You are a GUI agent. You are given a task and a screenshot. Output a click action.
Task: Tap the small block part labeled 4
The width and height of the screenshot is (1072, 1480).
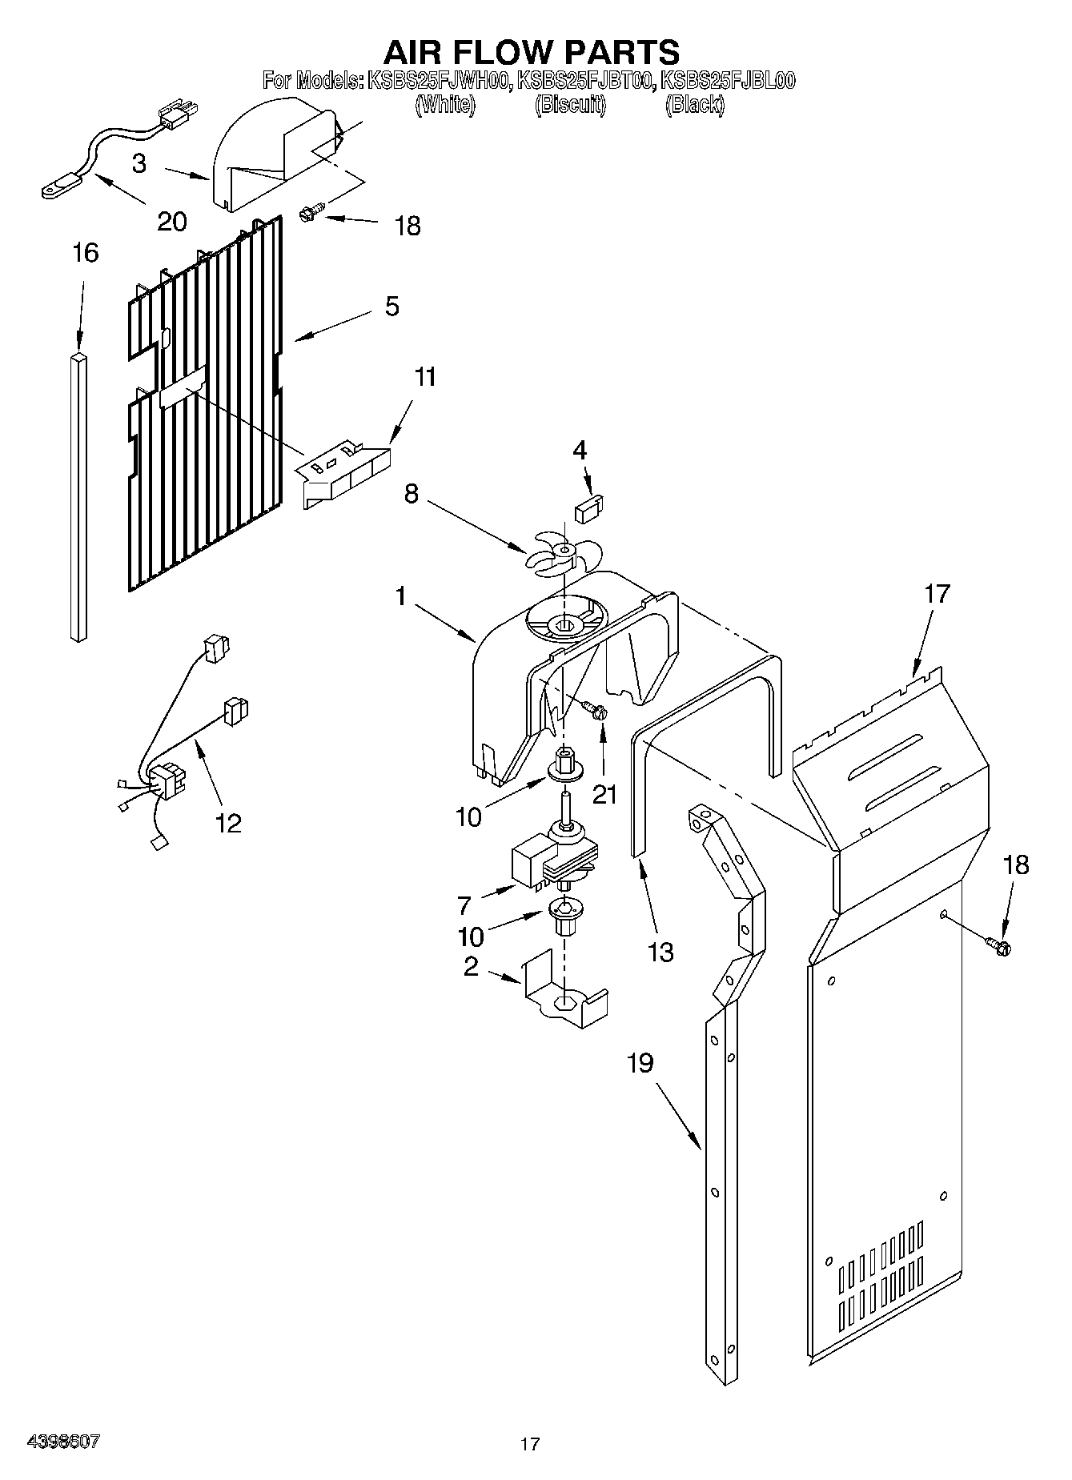tap(589, 507)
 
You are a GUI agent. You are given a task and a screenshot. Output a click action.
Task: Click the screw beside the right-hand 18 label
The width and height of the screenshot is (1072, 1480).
tap(1000, 946)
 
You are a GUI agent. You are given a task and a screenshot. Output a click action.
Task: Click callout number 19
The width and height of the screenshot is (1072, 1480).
tap(640, 1063)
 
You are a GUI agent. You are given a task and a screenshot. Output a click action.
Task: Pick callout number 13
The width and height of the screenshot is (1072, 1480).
tap(660, 952)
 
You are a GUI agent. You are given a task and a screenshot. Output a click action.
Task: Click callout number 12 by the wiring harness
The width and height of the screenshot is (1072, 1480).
tap(228, 822)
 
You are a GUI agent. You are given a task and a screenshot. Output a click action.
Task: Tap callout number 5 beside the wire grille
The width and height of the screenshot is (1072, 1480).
tap(391, 306)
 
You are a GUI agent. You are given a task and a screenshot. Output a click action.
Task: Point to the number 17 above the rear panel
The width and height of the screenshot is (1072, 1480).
tap(937, 593)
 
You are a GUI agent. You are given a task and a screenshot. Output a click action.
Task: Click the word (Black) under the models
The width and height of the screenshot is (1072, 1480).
tap(694, 105)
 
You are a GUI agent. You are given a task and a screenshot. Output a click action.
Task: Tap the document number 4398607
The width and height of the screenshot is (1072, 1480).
tap(63, 1442)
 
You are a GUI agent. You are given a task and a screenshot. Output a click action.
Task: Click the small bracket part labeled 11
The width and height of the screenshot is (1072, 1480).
tap(344, 472)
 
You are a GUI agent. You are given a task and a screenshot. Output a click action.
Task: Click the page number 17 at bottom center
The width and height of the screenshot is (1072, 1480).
tap(529, 1444)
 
